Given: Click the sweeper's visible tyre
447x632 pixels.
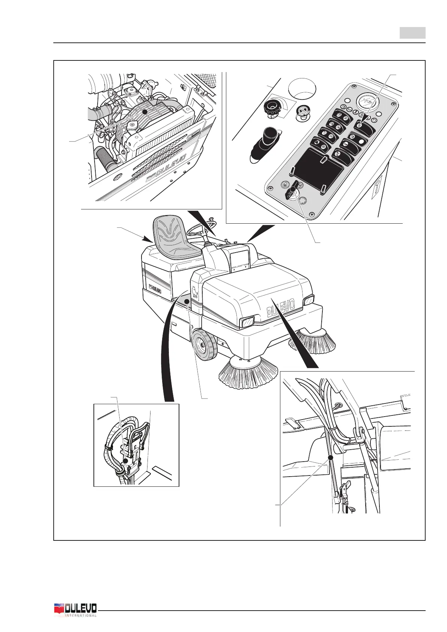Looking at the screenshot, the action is (x=204, y=344).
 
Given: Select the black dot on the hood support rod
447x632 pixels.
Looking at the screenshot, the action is (x=331, y=457).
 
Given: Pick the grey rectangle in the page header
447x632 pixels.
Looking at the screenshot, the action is (x=412, y=33).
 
